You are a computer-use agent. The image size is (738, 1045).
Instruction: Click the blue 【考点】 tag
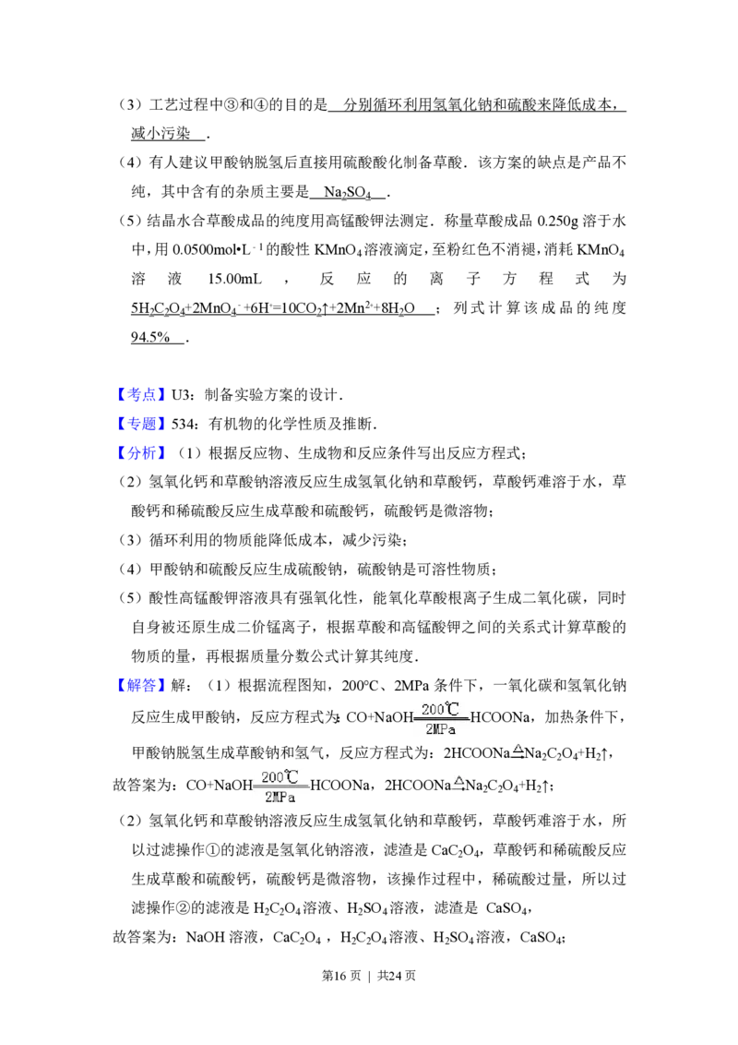143,395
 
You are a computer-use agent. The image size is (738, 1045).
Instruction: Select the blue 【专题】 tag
143,425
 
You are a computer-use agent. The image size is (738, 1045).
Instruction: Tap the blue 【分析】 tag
143,453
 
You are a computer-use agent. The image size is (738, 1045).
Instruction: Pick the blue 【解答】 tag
143,685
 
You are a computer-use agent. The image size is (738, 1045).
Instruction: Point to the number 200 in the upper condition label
433,710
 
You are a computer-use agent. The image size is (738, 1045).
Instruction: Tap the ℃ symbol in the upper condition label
452,709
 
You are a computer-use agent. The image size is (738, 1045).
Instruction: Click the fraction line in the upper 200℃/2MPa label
442,719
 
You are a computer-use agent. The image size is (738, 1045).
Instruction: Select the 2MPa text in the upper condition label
441,729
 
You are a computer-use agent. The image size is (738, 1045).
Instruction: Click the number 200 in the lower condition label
273,777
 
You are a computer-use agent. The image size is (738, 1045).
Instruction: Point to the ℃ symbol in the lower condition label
292,776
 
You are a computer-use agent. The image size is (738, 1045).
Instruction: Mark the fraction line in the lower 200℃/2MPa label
282,787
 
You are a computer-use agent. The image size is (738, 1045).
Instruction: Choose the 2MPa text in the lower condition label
280,797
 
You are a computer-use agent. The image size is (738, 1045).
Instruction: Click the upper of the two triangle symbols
518,748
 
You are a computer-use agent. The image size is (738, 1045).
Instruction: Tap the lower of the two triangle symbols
458,780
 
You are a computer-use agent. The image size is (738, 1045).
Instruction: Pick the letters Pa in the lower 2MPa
289,797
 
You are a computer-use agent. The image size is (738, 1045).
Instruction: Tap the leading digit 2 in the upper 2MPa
428,729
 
